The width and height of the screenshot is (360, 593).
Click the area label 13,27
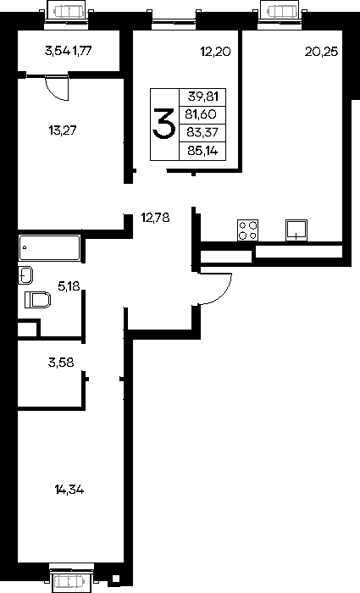pyautogui.click(x=63, y=130)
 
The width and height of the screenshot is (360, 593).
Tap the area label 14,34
pyautogui.click(x=69, y=490)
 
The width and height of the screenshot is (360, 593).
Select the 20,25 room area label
pyautogui.click(x=321, y=52)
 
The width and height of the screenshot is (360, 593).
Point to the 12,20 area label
pyautogui.click(x=215, y=52)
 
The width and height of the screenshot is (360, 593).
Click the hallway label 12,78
pyautogui.click(x=155, y=218)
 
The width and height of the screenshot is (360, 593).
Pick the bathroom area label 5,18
pyautogui.click(x=69, y=286)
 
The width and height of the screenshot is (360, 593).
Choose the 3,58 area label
pyautogui.click(x=61, y=363)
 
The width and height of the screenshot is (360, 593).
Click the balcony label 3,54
pyautogui.click(x=58, y=51)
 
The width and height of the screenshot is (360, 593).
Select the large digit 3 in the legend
pyautogui.click(x=163, y=124)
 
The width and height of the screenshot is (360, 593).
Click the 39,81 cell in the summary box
pyautogui.click(x=203, y=97)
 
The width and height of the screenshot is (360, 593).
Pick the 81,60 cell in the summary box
pyautogui.click(x=201, y=114)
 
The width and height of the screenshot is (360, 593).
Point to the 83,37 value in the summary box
pyautogui.click(x=201, y=132)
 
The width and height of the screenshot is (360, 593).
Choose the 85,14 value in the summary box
pyautogui.click(x=202, y=152)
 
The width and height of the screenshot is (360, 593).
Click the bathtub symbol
pyautogui.click(x=49, y=247)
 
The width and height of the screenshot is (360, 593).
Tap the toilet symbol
pyautogui.click(x=38, y=300)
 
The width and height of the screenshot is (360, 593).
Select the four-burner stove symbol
pyautogui.click(x=247, y=230)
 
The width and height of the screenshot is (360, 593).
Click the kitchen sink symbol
pyautogui.click(x=296, y=230)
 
